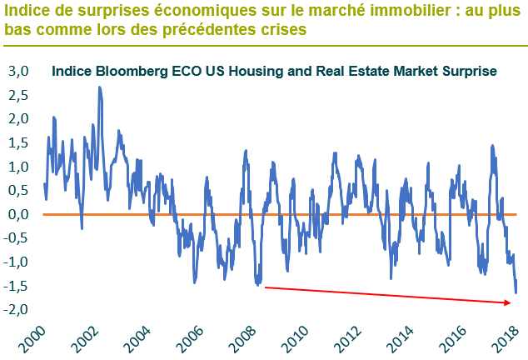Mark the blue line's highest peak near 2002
[x=100, y=87]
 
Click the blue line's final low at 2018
[x=516, y=292]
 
